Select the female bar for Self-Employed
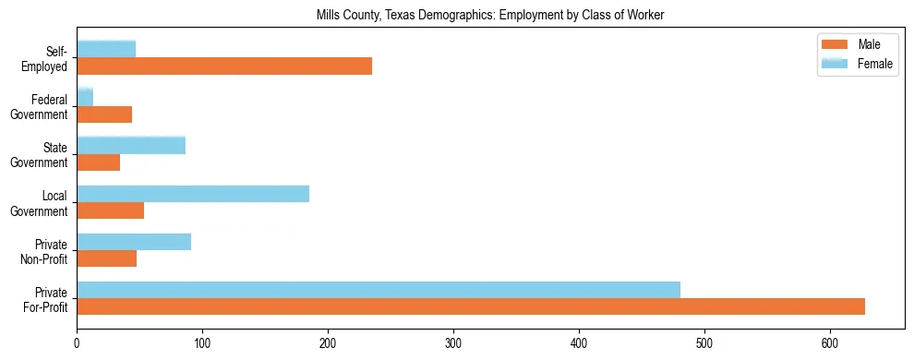tap(106, 49)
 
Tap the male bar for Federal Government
tap(104, 114)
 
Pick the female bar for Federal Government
tap(85, 97)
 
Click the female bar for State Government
tap(131, 145)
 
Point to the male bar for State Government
tap(99, 162)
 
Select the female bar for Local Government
tap(193, 194)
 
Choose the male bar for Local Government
tap(111, 210)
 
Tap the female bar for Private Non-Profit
tap(134, 242)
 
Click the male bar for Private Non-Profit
tap(107, 258)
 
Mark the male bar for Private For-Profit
tap(471, 306)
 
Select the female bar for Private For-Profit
tap(379, 290)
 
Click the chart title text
tap(489, 15)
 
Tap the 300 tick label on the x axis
tap(453, 342)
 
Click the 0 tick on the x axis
tap(77, 342)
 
